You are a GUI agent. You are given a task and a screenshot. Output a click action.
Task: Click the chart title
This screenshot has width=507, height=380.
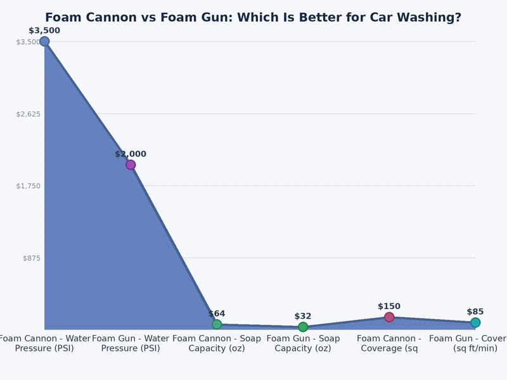click(x=253, y=18)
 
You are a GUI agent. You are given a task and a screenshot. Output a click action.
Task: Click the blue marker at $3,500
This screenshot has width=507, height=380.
click(x=44, y=41)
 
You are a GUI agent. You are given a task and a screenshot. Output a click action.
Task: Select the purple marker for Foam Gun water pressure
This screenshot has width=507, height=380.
click(x=131, y=165)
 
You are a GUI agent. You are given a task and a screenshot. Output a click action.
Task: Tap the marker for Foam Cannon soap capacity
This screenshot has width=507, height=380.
click(x=217, y=324)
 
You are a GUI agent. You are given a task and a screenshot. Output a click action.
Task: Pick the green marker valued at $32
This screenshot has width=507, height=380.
click(x=303, y=327)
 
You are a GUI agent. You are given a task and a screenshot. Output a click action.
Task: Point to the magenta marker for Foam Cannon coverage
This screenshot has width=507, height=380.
click(x=389, y=317)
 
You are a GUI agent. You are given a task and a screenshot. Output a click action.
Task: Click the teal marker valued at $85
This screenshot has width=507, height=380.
click(x=475, y=322)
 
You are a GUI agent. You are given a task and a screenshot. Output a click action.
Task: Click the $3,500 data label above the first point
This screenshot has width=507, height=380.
click(x=44, y=30)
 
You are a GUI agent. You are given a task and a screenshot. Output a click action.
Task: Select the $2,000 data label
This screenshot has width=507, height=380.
click(x=131, y=154)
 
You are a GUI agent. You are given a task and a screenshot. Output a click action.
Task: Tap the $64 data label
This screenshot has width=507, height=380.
click(x=217, y=313)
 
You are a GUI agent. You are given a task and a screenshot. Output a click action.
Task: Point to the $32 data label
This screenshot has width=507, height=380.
click(x=303, y=316)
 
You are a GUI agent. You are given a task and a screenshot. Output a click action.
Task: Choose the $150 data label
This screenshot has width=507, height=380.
click(x=389, y=307)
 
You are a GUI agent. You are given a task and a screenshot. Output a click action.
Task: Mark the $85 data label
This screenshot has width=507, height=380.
click(x=475, y=312)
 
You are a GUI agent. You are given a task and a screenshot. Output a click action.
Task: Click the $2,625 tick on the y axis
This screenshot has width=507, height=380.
click(x=28, y=114)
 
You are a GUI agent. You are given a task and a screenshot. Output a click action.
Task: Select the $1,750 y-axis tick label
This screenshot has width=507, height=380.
click(x=28, y=186)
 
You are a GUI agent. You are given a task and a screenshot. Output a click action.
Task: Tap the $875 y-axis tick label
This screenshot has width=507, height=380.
click(x=31, y=258)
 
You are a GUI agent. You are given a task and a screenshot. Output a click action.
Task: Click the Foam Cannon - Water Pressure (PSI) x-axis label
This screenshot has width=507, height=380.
click(x=44, y=343)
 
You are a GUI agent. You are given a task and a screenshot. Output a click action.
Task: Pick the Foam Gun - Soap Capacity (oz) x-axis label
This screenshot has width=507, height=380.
click(x=303, y=343)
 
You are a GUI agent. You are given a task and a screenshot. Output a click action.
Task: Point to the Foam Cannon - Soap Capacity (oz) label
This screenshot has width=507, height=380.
click(x=217, y=343)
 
